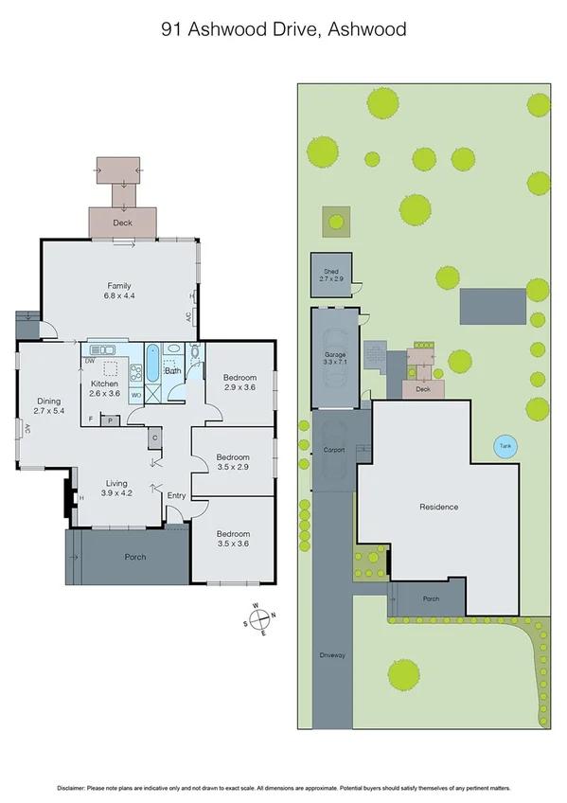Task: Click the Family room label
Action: [118, 291]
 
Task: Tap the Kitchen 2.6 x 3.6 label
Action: [103, 388]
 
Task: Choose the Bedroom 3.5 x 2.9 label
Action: [232, 462]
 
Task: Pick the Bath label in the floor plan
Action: [173, 371]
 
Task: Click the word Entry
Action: [177, 496]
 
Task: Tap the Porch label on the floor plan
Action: [135, 557]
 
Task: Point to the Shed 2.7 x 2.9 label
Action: [330, 277]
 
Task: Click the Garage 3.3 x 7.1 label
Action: [336, 358]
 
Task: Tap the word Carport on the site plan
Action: [332, 450]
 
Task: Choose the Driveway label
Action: [331, 652]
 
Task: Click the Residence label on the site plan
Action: [439, 507]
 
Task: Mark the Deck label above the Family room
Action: [122, 223]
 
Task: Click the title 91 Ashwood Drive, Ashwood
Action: [283, 29]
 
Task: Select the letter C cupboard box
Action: [153, 437]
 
